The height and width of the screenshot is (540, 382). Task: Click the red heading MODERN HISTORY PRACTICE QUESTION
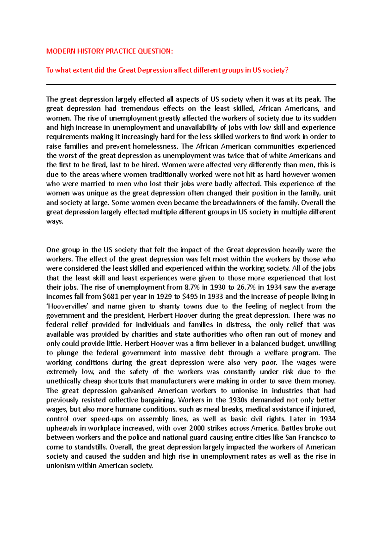(109, 51)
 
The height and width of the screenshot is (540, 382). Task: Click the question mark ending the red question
(286, 70)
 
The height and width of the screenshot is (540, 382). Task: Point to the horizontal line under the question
(191, 85)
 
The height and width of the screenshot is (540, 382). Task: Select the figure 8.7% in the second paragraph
(192, 287)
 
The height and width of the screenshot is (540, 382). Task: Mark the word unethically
(63, 381)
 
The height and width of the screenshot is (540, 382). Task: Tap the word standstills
(91, 447)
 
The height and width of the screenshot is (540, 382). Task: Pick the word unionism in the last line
(61, 466)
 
